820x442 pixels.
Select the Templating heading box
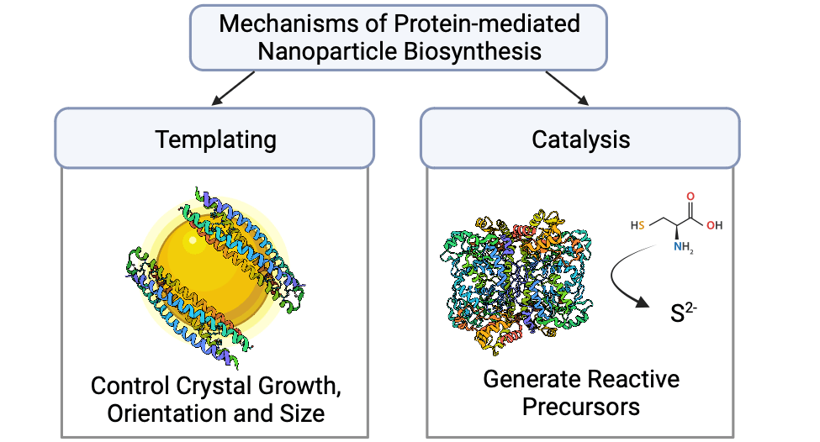click(215, 139)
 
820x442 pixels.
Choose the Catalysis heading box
click(580, 139)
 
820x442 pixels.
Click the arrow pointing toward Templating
click(231, 89)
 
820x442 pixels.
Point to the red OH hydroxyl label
click(715, 226)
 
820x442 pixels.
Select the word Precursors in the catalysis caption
click(581, 407)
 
